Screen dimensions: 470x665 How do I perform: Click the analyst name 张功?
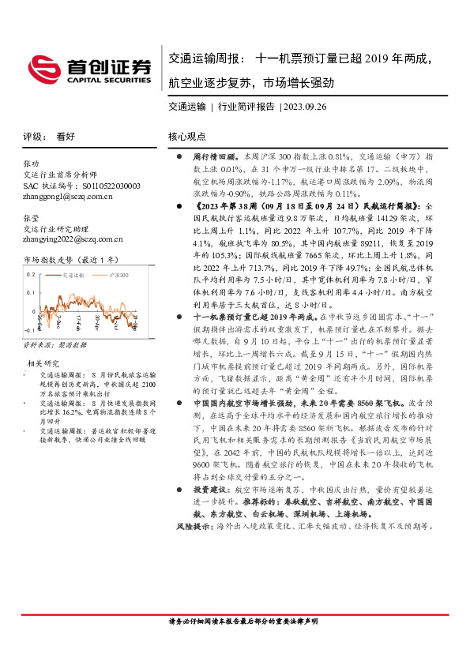point(31,163)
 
